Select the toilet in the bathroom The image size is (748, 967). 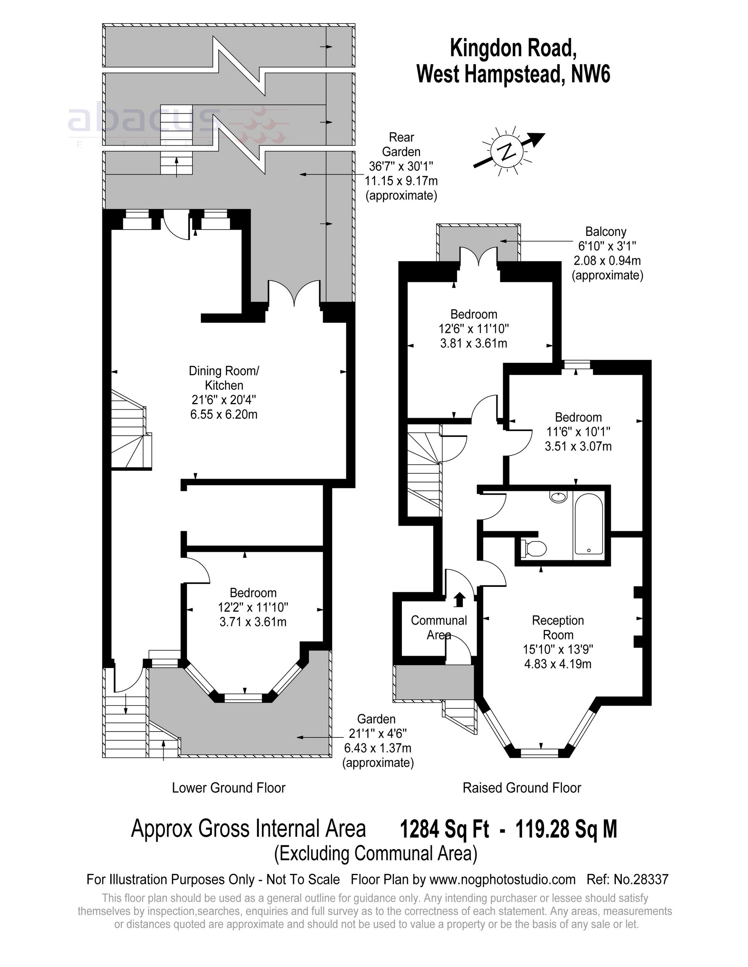click(x=534, y=548)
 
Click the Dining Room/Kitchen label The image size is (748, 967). click(x=224, y=392)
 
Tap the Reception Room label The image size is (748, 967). click(x=558, y=641)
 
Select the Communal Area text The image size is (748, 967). click(x=439, y=627)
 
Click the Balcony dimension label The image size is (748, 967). click(x=607, y=253)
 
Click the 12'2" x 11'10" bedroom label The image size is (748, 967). click(x=253, y=607)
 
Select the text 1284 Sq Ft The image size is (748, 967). click(x=444, y=829)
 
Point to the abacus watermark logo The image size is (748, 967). click(x=177, y=122)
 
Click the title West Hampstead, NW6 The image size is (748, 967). click(x=513, y=74)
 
